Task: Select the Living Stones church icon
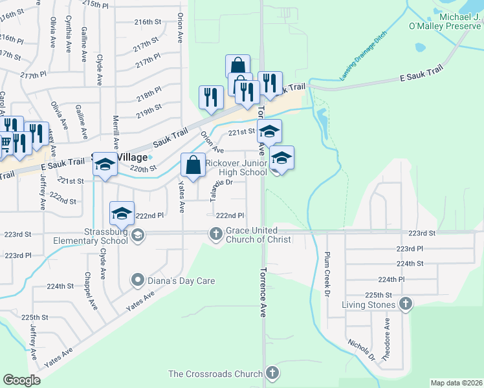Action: (405, 303)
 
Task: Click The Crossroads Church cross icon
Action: (272, 373)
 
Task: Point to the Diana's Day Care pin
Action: (137, 281)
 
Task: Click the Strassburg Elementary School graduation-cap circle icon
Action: (137, 236)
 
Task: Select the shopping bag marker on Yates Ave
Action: (193, 166)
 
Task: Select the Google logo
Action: (22, 380)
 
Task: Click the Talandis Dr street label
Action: (215, 188)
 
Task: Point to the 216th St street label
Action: (148, 22)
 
